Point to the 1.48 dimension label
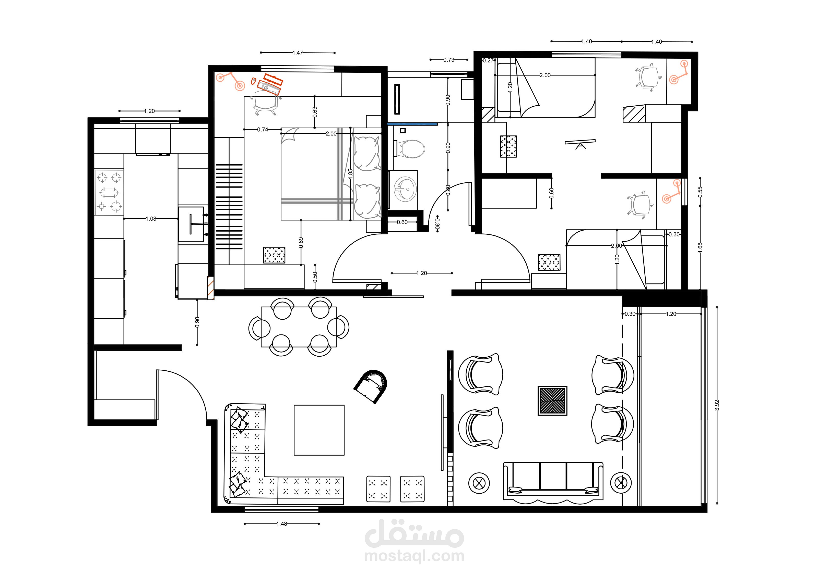click(282, 524)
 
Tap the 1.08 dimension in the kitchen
click(151, 219)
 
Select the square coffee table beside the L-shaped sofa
click(319, 430)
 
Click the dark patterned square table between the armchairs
click(552, 401)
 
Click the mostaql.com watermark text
click(414, 556)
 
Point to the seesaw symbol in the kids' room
click(580, 143)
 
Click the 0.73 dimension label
click(449, 60)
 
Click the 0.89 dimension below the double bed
click(301, 242)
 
